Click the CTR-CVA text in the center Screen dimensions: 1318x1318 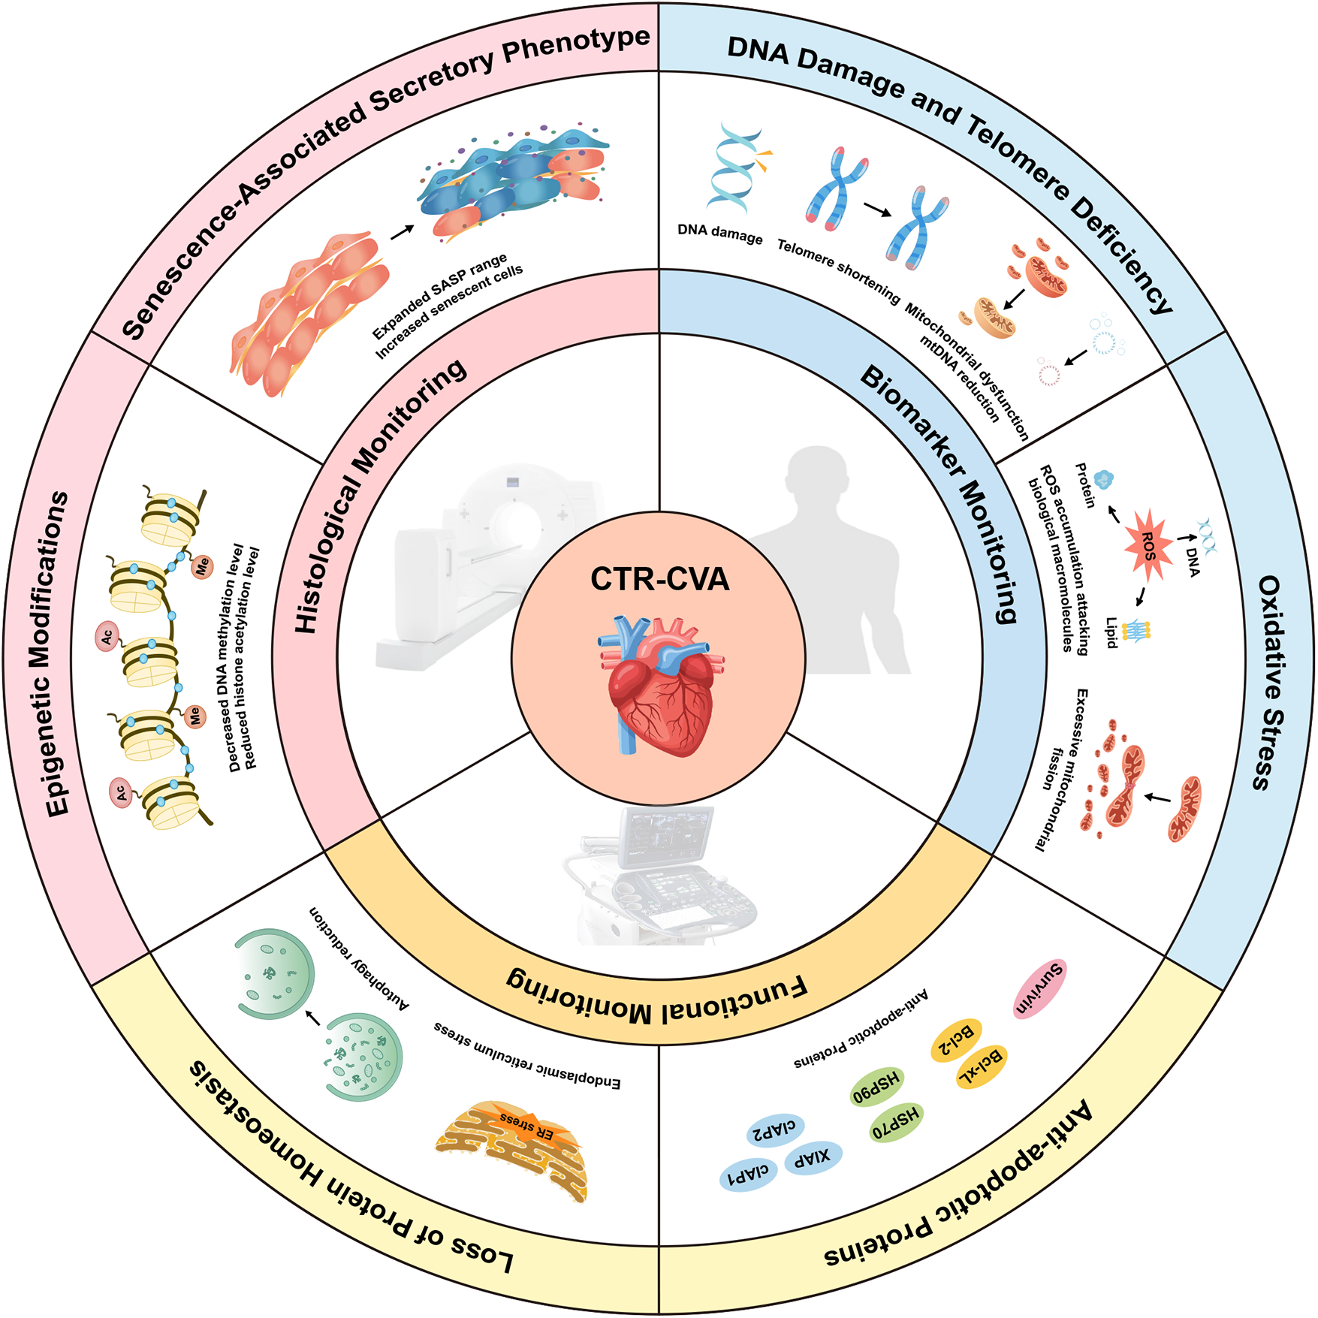point(659,579)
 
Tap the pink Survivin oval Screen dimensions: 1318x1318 point(1039,988)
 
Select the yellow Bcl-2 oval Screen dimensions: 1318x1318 point(956,1040)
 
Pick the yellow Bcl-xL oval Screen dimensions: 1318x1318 point(980,1067)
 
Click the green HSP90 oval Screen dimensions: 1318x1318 point(876,1086)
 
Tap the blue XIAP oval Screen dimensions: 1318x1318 point(813,1158)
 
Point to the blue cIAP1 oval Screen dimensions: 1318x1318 point(748,1175)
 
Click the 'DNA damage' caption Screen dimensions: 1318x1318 point(719,234)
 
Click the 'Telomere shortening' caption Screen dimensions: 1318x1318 point(838,271)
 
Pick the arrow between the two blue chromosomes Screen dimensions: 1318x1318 point(877,210)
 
